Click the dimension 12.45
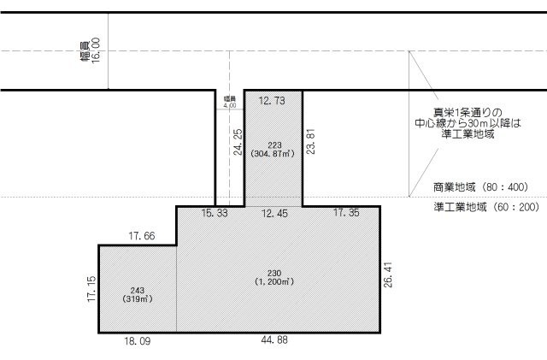(274, 212)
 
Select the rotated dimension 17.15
(90, 289)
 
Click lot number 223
(273, 145)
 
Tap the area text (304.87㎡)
(273, 154)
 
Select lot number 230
(274, 272)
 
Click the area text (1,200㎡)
(274, 281)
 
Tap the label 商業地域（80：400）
(480, 186)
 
